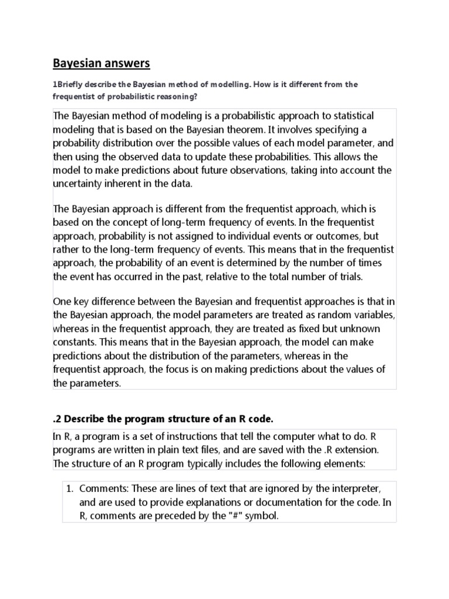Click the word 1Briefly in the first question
[69, 84]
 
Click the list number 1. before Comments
[67, 488]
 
